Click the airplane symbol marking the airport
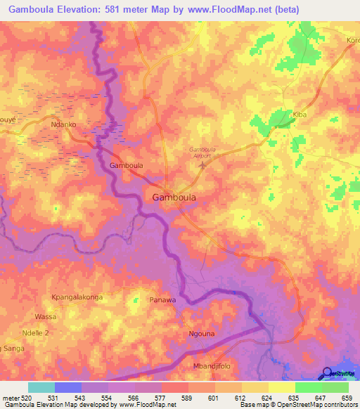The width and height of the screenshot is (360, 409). (x=204, y=166)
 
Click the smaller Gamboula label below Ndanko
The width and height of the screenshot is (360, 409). (x=127, y=166)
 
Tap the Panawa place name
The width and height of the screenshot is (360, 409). (x=162, y=300)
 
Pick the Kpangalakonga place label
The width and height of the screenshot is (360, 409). (x=76, y=297)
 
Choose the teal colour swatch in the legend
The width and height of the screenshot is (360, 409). (x=41, y=387)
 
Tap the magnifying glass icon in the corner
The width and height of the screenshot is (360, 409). (x=327, y=374)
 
